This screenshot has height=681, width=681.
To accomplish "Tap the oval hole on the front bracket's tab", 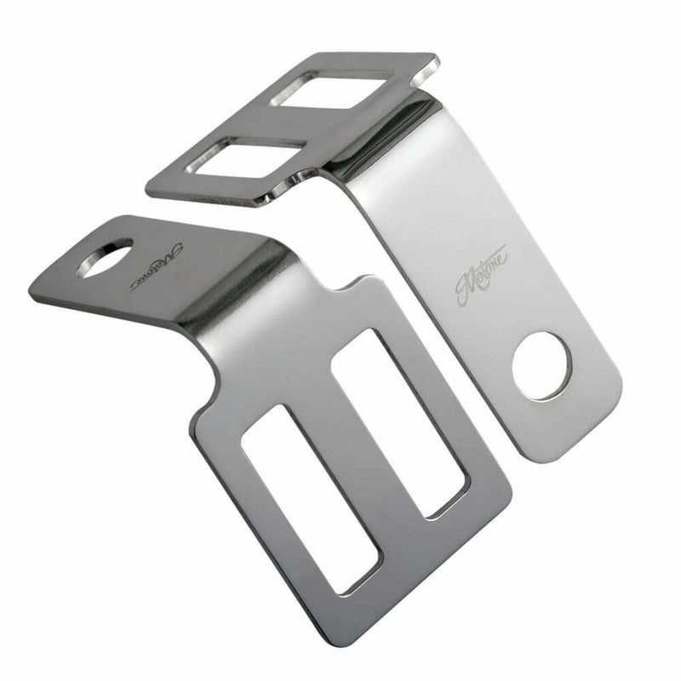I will coord(105,257).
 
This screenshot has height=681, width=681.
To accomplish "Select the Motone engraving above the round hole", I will coord(482,274).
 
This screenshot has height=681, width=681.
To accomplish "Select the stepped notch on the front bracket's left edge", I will coord(199,400).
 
